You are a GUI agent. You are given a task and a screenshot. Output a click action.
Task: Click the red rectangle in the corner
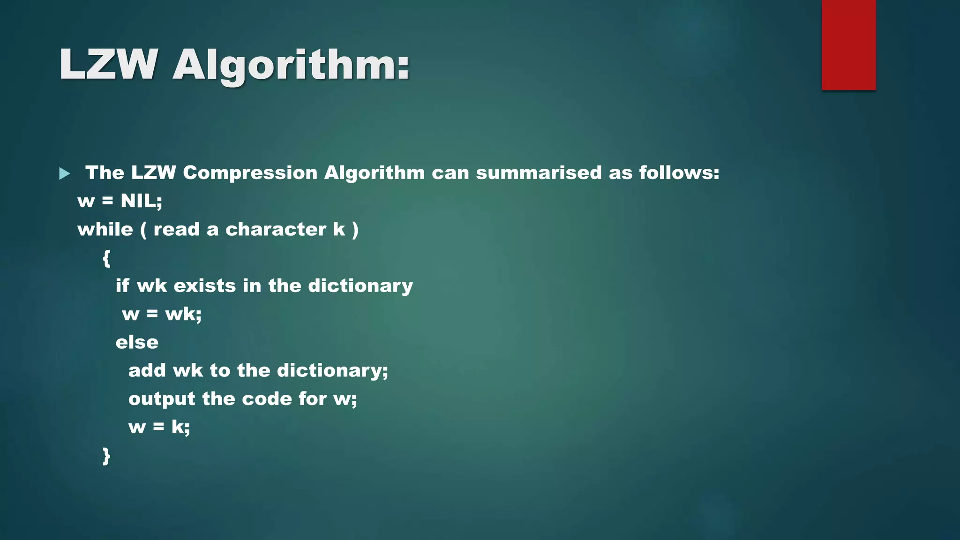pyautogui.click(x=848, y=45)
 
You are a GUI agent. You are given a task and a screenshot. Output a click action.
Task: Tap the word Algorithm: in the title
pyautogui.click(x=291, y=66)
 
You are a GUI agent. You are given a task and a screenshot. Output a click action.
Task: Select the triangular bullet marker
pyautogui.click(x=65, y=174)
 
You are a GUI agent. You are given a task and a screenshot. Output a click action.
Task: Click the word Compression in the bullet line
pyautogui.click(x=250, y=173)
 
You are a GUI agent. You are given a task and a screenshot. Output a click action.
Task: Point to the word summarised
pyautogui.click(x=539, y=173)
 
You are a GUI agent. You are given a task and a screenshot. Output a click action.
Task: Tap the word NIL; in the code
pyautogui.click(x=142, y=201)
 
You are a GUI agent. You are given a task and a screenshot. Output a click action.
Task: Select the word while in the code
pyautogui.click(x=105, y=230)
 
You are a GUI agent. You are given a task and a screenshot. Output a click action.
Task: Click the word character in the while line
pyautogui.click(x=276, y=230)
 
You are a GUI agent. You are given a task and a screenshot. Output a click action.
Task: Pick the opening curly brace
pyautogui.click(x=106, y=258)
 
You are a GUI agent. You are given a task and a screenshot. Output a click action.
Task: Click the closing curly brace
pyautogui.click(x=106, y=456)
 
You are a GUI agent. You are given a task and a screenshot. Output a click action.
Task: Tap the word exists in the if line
pyautogui.click(x=205, y=286)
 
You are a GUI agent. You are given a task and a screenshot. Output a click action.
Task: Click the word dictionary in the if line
pyautogui.click(x=360, y=286)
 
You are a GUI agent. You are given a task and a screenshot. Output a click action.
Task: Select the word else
pyautogui.click(x=137, y=343)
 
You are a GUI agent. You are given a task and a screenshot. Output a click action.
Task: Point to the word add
pyautogui.click(x=147, y=371)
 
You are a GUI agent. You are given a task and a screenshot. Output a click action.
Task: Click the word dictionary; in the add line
pyautogui.click(x=332, y=371)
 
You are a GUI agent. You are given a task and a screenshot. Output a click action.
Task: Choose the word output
pyautogui.click(x=162, y=399)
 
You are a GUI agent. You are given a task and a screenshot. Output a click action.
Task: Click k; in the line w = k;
pyautogui.click(x=180, y=427)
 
